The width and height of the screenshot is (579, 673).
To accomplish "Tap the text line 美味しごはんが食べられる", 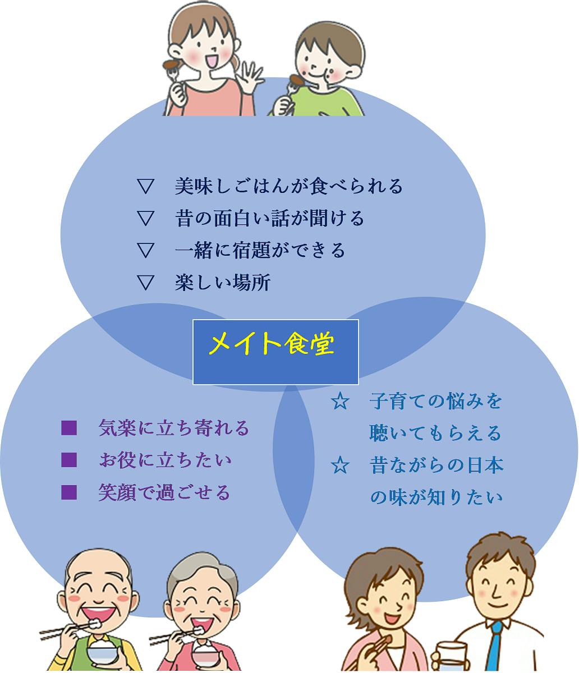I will pos(288,186).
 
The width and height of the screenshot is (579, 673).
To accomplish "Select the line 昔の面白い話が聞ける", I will pos(269,218).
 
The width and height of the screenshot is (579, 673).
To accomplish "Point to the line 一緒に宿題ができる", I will pos(260,250).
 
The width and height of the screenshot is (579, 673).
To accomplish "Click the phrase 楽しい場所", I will pos(222,282).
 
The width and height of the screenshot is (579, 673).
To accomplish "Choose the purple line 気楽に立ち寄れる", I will pos(173,428).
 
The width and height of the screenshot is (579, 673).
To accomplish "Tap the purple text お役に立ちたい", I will pos(164,460).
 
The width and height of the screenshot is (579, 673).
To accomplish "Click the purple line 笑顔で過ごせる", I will pos(164,493).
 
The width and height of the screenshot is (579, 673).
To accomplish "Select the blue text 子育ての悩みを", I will pos(435,402).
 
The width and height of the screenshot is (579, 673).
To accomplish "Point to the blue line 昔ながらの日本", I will pos(436,465).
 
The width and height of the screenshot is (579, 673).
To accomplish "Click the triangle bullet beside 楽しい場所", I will pos(145,283).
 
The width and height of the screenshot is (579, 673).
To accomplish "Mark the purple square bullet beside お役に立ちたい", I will pos(69,461).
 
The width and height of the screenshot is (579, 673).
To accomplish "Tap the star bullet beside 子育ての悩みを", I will pos(340,402).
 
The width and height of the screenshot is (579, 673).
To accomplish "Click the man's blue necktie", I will pos(494,645).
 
